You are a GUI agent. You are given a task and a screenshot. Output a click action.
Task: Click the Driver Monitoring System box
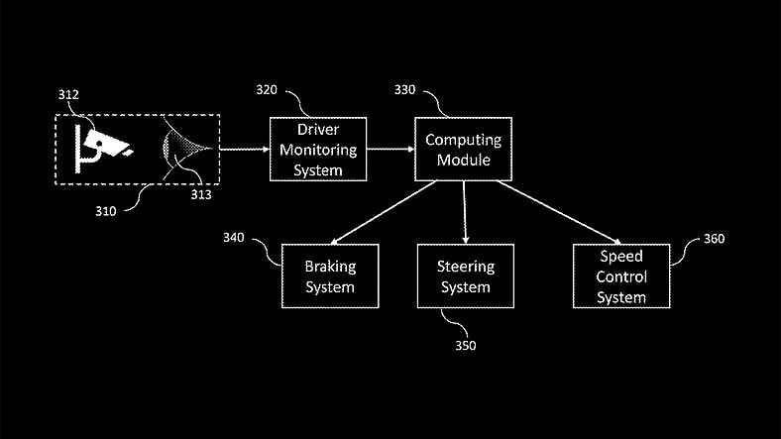[318, 149]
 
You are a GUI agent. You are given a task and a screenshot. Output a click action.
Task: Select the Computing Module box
[463, 149]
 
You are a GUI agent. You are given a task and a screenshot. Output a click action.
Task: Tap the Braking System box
[330, 276]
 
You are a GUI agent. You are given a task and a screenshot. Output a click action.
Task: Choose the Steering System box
[465, 276]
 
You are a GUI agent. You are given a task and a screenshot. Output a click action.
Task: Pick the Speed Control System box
[621, 276]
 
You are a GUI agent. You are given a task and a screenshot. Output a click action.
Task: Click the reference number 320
[268, 89]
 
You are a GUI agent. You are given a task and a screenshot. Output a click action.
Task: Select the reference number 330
[406, 89]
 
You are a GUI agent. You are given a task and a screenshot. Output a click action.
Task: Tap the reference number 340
[234, 238]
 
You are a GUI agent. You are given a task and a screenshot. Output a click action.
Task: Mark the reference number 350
[465, 346]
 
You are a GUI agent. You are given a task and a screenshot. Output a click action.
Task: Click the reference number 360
[714, 239]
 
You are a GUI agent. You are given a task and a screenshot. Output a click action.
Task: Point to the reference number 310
[105, 211]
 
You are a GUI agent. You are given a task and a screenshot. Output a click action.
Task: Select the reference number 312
[68, 95]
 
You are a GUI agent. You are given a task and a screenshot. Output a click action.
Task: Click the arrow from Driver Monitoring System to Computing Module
[390, 149]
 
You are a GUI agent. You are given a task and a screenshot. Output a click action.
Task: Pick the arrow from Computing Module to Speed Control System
[560, 212]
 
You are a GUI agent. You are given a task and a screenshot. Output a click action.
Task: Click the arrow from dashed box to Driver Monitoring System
[244, 149]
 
